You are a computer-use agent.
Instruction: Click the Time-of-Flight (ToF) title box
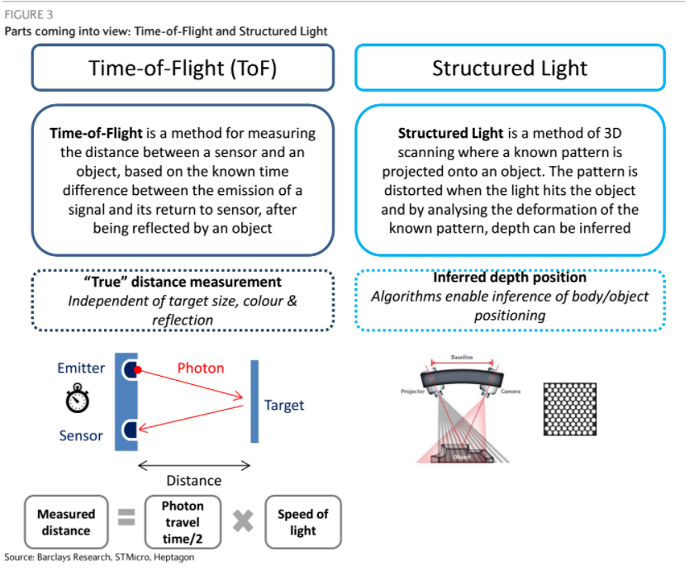183,68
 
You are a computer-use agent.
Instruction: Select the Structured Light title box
510,68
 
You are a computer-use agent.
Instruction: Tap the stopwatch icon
77,400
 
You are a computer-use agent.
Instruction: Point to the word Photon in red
201,368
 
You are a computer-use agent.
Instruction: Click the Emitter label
83,368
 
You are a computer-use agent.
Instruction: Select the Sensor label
81,435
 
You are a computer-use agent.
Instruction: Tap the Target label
284,405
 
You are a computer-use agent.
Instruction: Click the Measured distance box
66,521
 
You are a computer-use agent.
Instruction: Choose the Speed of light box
302,521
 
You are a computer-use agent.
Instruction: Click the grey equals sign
126,519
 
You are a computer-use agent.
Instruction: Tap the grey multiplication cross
243,520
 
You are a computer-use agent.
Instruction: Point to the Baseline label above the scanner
461,358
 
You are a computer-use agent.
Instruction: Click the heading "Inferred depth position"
510,278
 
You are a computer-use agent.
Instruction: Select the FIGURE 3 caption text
26,15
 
